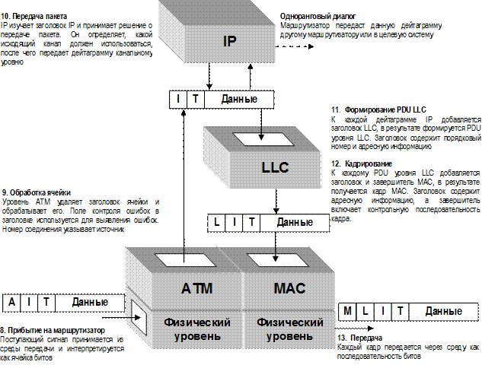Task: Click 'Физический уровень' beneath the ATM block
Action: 196,328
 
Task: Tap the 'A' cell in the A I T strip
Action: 12,302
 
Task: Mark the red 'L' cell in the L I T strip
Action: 218,222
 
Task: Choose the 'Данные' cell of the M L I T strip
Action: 443,311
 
